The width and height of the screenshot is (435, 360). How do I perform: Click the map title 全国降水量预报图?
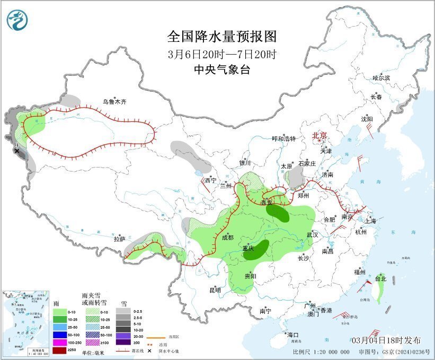coord(222,37)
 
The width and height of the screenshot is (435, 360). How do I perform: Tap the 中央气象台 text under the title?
coord(221,69)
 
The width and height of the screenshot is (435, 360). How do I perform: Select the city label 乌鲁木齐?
coord(116,102)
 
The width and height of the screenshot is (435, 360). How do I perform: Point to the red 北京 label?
coord(319,135)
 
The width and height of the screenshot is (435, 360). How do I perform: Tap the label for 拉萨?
coord(119,239)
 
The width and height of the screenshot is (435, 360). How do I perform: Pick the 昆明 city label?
coord(215,290)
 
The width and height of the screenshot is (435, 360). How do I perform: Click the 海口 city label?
coord(293,335)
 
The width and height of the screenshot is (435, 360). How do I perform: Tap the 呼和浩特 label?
coord(283,139)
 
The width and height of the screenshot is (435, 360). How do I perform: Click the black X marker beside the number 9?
coord(17,151)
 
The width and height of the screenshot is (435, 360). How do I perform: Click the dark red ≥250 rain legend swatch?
coord(60,350)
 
